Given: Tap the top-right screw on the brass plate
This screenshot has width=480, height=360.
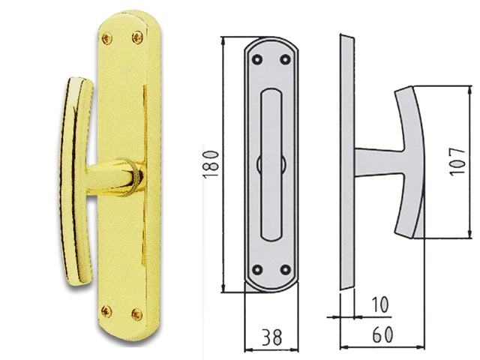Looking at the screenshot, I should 136,35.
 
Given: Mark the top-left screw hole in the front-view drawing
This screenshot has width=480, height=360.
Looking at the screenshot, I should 258,57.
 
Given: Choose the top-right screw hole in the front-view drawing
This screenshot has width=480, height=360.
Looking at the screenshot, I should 283,57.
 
